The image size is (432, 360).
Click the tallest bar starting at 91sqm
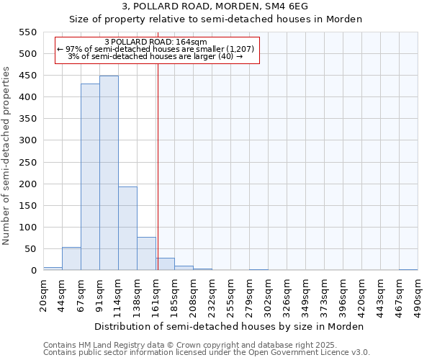tap(109, 173)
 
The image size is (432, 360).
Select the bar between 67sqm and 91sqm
tap(90, 177)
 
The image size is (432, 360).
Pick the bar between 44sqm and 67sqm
tap(71, 258)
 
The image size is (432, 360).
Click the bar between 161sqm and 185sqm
tap(165, 264)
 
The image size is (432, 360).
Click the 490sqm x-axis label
tap(418, 293)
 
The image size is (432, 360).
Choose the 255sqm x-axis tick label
tap(230, 293)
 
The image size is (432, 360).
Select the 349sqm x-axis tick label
tap(305, 293)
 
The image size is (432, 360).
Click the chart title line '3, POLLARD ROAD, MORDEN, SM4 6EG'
tap(215, 6)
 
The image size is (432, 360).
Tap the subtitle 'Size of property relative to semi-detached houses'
tap(215, 19)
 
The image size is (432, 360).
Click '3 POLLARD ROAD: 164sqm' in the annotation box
tap(156, 42)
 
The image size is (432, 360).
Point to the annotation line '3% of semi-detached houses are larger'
tap(156, 56)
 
